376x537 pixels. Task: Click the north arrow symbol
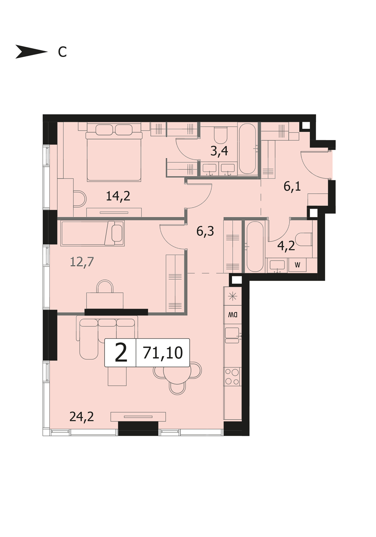[31, 52]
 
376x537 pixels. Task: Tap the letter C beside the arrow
[62, 52]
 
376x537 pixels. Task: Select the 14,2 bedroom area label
[118, 196]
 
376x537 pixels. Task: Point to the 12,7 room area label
[82, 262]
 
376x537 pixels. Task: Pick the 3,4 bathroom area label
[219, 151]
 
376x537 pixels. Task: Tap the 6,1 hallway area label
[292, 186]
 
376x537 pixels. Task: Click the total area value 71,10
[163, 353]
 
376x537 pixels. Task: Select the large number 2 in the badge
[121, 352]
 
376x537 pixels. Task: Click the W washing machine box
[297, 265]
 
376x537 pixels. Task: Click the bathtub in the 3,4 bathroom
[247, 149]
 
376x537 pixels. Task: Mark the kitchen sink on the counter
[232, 335]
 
